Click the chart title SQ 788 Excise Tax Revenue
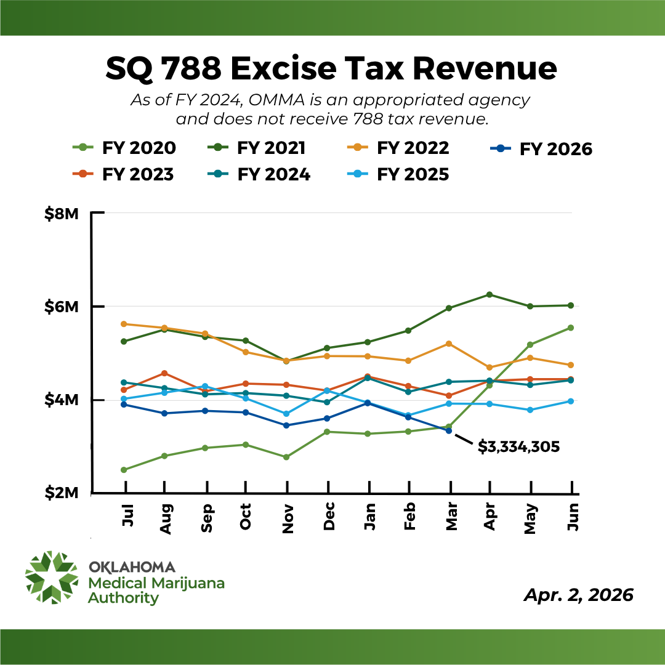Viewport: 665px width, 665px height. pyautogui.click(x=331, y=68)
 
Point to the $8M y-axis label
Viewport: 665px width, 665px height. pyautogui.click(x=62, y=214)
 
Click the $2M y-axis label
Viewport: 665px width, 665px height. pyautogui.click(x=62, y=493)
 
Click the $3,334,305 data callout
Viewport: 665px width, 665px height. pyautogui.click(x=518, y=447)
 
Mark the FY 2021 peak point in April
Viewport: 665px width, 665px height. pyautogui.click(x=490, y=294)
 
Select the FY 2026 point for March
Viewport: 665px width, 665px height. pyautogui.click(x=449, y=430)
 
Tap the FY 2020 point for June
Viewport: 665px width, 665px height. pyautogui.click(x=571, y=328)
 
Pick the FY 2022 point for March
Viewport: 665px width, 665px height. pyautogui.click(x=449, y=344)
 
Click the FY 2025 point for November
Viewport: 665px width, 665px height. pyautogui.click(x=287, y=414)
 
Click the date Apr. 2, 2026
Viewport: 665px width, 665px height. pyautogui.click(x=578, y=595)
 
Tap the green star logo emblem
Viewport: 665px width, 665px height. pyautogui.click(x=52, y=577)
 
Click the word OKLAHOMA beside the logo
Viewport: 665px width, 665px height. pyautogui.click(x=132, y=567)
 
